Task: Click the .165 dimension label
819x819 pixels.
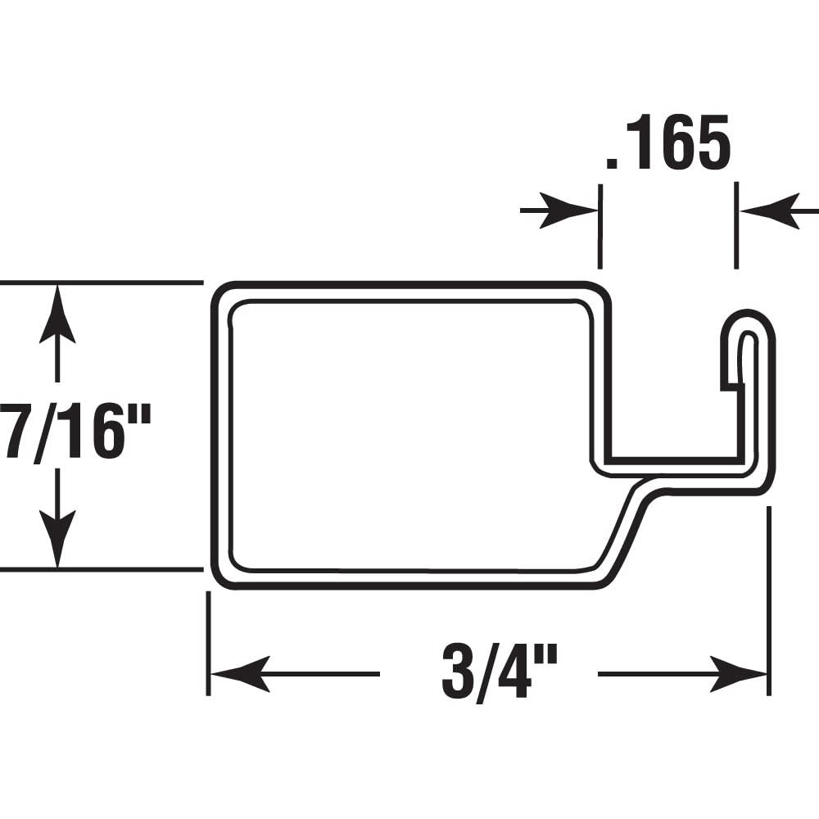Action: point(667,145)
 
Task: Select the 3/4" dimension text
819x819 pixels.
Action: point(499,672)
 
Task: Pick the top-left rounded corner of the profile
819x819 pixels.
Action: point(223,295)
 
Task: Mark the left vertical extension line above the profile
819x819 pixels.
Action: point(600,226)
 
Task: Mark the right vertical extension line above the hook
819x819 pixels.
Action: point(736,226)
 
